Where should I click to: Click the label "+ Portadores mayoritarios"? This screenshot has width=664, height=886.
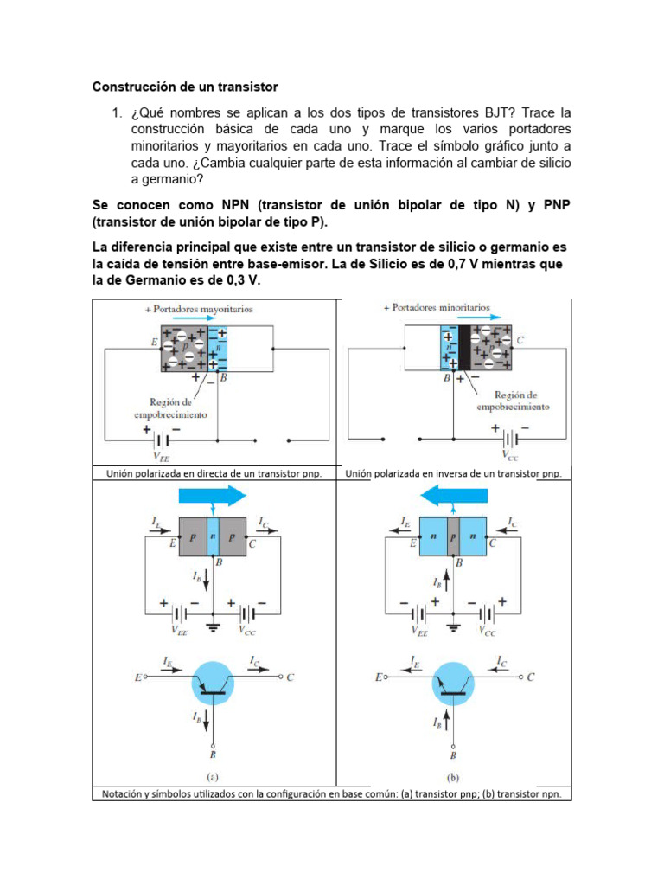click(199, 308)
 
